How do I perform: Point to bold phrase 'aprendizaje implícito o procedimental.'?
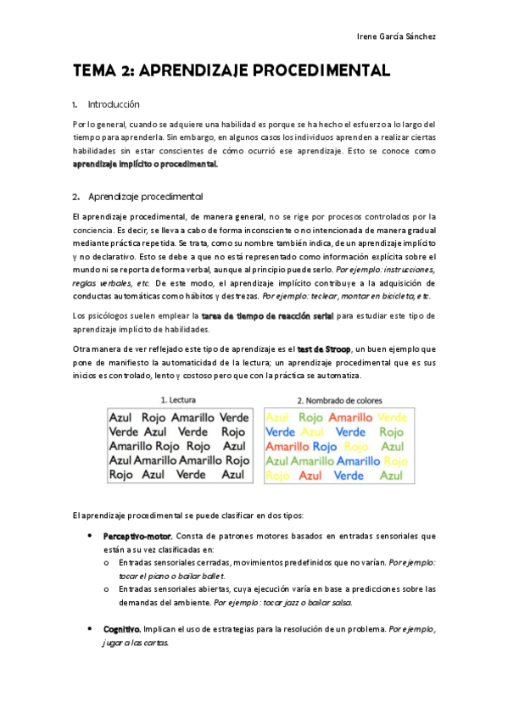click(x=146, y=164)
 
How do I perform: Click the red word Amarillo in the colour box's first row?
click(x=350, y=417)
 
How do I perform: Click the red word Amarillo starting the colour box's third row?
click(x=287, y=447)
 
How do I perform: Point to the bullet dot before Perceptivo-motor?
click(x=90, y=537)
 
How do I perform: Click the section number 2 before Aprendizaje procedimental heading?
click(x=75, y=197)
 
